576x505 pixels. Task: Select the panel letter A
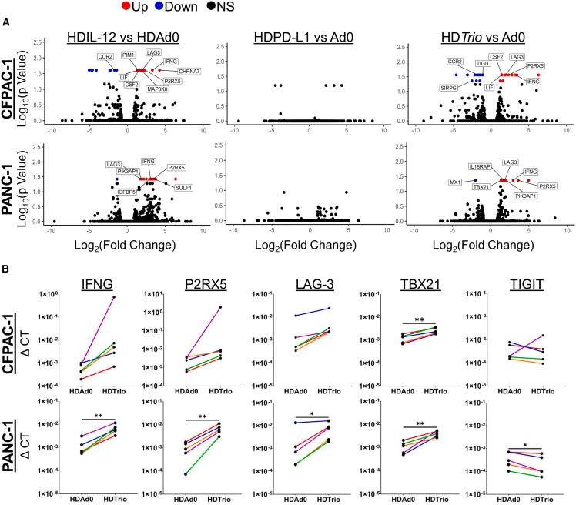[6, 25]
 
